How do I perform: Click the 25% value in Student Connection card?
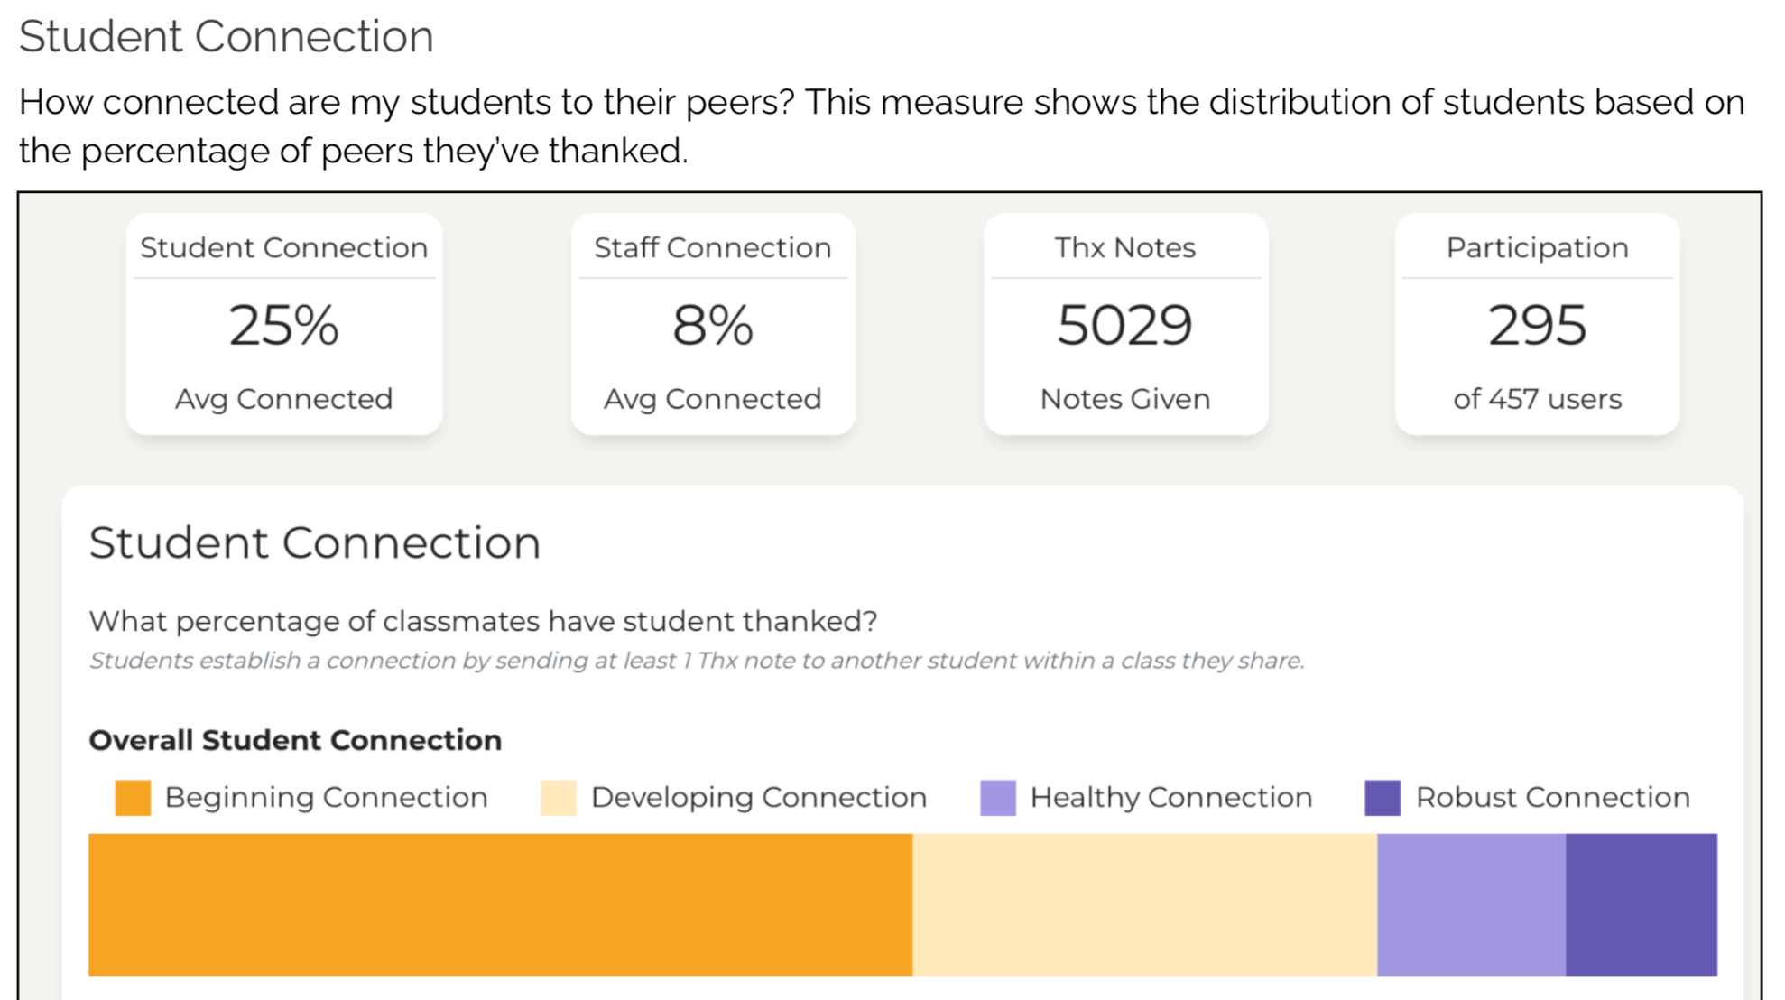[x=283, y=325]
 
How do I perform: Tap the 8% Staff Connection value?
[x=712, y=325]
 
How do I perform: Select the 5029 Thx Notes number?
[x=1124, y=325]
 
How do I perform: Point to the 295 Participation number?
[x=1536, y=325]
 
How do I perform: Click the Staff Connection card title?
[x=712, y=248]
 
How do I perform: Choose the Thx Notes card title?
[x=1124, y=248]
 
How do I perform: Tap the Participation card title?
[x=1537, y=248]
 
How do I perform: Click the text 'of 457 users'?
[x=1537, y=399]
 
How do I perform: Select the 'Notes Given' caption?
[x=1124, y=399]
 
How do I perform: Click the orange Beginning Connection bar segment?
[x=500, y=904]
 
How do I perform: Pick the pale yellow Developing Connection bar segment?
[x=1144, y=904]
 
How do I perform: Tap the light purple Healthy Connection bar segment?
[x=1471, y=904]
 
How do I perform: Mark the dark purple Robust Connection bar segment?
[x=1641, y=904]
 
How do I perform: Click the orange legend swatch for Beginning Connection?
[x=133, y=798]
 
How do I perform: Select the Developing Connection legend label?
[x=758, y=798]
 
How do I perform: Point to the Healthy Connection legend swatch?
[x=997, y=798]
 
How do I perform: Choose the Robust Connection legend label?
[x=1552, y=798]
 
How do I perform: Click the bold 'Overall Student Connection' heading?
[x=295, y=740]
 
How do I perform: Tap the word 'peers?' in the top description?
[x=740, y=103]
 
